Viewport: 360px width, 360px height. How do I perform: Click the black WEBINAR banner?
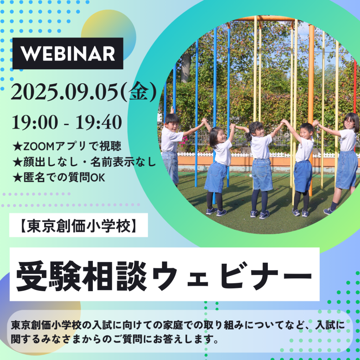[68, 53]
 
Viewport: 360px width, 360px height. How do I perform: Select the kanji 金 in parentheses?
[138, 91]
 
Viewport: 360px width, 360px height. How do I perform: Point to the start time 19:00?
[35, 122]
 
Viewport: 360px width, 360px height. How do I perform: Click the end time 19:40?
[99, 122]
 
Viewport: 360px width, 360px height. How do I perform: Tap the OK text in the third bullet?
[98, 178]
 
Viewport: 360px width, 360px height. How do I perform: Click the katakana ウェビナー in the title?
[232, 276]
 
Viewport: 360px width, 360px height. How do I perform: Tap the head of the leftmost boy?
[172, 122]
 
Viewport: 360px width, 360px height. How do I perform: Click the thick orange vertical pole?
[311, 110]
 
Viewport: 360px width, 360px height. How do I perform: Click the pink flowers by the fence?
[184, 141]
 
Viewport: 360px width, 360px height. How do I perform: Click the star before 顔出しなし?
[18, 162]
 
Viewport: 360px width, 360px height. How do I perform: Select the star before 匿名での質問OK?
[18, 178]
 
